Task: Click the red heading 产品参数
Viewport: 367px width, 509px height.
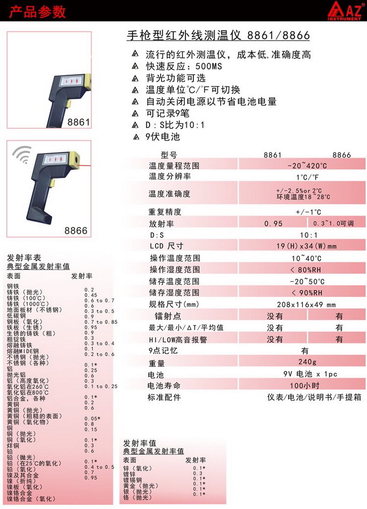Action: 37,12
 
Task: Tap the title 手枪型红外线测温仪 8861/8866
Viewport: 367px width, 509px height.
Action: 218,35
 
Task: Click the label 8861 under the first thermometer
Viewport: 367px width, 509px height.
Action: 78,122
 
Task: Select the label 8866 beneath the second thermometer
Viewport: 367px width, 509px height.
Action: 76,231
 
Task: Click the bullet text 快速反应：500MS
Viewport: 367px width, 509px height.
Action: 184,66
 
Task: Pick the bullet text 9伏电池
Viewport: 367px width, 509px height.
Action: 162,137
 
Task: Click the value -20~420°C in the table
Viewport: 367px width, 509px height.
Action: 307,166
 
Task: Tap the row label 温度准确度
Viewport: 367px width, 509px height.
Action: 169,194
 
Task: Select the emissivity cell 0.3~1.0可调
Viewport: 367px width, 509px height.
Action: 334,223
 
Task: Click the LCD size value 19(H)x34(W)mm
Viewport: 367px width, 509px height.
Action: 306,246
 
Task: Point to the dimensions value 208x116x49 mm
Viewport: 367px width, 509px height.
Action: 306,304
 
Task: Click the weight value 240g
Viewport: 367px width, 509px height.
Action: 307,361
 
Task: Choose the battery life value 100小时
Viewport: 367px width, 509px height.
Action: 305,385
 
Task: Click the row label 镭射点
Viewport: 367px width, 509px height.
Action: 168,316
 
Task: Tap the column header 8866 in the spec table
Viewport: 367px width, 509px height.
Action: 342,155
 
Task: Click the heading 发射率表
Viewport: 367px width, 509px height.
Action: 24,258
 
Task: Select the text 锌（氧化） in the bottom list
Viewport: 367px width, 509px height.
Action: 138,468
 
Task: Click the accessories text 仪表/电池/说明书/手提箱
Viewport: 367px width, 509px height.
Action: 314,397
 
